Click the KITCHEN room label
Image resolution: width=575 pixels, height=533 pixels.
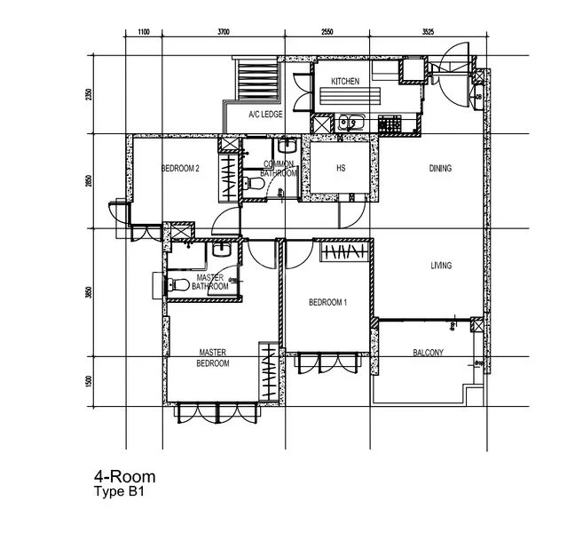pos(345,82)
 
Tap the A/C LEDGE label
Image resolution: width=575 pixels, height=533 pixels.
pos(265,115)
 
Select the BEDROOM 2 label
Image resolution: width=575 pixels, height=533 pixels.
pos(180,168)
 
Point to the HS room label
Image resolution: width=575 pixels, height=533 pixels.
pos(340,168)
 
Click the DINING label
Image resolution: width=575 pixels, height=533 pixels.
pos(440,168)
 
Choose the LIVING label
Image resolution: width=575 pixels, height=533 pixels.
pos(441,266)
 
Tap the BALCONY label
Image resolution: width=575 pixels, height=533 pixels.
pos(429,354)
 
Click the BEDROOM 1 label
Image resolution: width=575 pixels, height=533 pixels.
pos(327,303)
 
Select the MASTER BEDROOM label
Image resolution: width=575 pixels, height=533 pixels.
pos(214,357)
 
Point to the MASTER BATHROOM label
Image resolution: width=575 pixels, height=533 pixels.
pos(210,282)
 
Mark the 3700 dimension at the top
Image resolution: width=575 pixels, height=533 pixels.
pos(224,32)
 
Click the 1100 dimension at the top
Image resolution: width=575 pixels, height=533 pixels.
pos(145,32)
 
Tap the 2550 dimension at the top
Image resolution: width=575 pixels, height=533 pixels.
pos(326,32)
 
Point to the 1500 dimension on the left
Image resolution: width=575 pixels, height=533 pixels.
pos(89,380)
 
